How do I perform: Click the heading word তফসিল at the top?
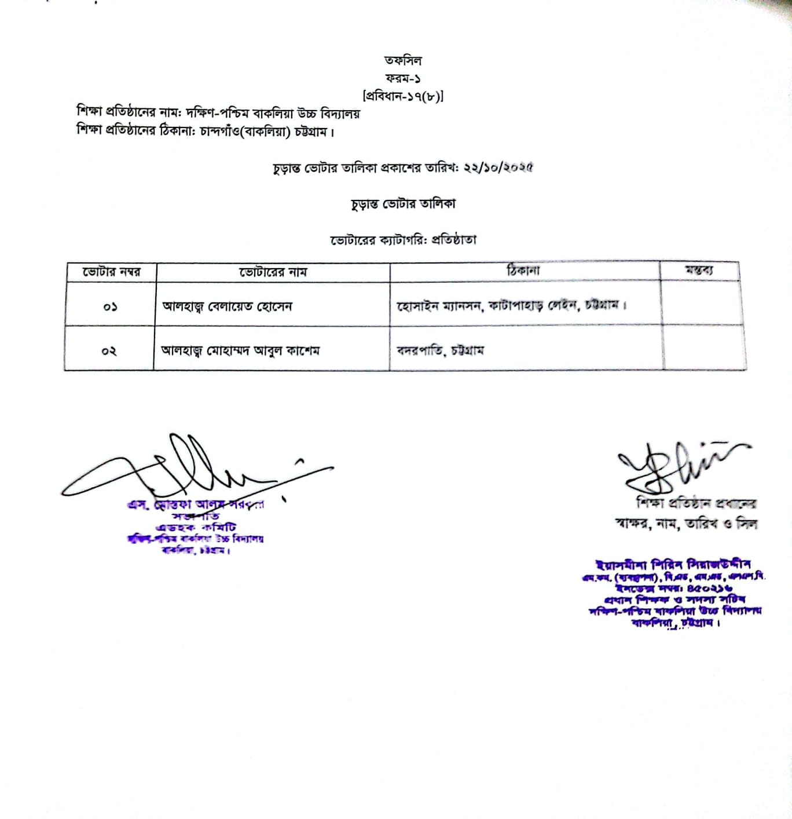click(403, 60)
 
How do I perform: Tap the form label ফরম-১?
click(403, 78)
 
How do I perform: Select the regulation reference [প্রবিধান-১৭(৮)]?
click(403, 96)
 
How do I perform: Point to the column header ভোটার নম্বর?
click(111, 272)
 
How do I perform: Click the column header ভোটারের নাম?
click(273, 272)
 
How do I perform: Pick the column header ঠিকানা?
click(523, 270)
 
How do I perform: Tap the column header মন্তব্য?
click(699, 270)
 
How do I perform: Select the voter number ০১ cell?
click(110, 306)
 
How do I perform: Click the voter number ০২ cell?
click(109, 351)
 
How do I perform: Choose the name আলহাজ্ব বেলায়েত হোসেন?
click(227, 306)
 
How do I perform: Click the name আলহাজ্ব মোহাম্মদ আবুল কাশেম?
click(240, 350)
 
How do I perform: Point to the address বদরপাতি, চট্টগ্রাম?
click(440, 350)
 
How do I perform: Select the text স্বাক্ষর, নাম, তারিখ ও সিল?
click(687, 524)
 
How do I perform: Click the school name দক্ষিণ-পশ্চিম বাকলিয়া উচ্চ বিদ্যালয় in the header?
click(273, 114)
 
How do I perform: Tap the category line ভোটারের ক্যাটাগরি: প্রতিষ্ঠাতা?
click(403, 240)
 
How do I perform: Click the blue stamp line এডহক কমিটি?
click(196, 527)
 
